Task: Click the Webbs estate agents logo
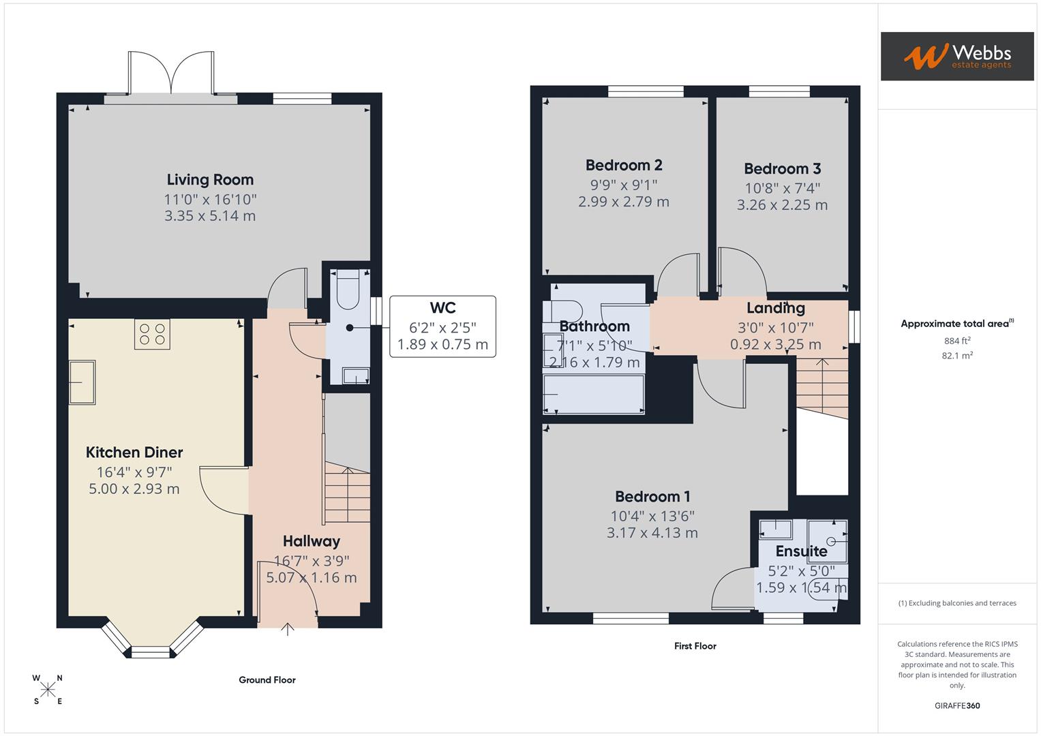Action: click(x=956, y=56)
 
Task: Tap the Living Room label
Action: click(x=210, y=180)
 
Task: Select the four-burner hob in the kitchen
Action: click(x=152, y=334)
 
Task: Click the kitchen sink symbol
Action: click(x=82, y=382)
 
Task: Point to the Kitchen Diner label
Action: click(x=134, y=453)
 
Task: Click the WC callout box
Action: click(x=442, y=326)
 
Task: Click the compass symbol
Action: click(x=48, y=690)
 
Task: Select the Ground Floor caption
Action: click(x=267, y=680)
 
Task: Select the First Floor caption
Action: click(x=695, y=646)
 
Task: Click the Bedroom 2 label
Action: click(x=624, y=166)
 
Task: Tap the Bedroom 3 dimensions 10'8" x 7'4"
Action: click(x=782, y=188)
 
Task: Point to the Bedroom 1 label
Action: click(x=652, y=497)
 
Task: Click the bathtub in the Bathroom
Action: click(x=593, y=395)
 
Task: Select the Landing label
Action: click(x=775, y=309)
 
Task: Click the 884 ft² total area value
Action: click(x=956, y=341)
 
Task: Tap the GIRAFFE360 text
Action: click(x=956, y=706)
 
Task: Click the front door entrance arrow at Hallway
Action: click(x=288, y=629)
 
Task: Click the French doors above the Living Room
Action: click(x=170, y=74)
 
